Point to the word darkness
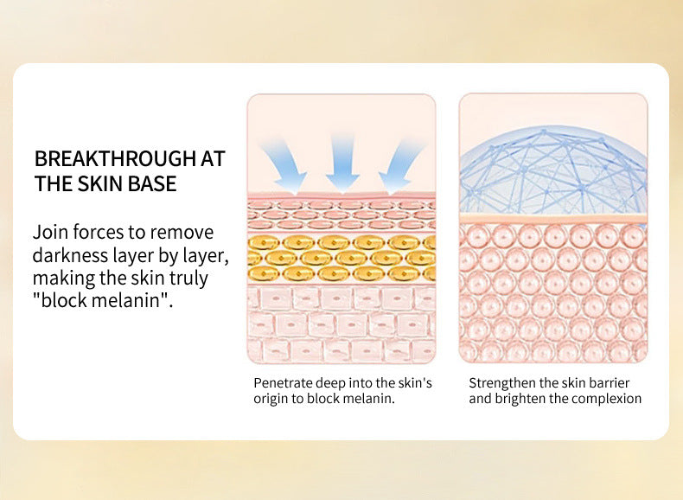[70, 255]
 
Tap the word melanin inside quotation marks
[128, 303]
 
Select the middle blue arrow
[343, 162]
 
